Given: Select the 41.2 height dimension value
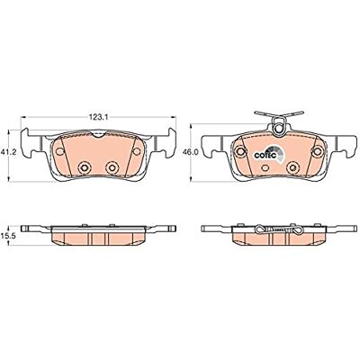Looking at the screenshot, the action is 8,152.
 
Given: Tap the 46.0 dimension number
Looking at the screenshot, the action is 191,152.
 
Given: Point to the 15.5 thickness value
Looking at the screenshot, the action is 9,236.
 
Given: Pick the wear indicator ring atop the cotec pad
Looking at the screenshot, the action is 279,129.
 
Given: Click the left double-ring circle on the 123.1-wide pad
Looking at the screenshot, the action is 84,167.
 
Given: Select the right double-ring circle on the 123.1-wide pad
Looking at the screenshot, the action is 112,167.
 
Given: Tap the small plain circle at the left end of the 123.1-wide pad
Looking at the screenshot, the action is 60,151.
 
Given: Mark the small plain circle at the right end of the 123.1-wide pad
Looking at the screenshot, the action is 137,151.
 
